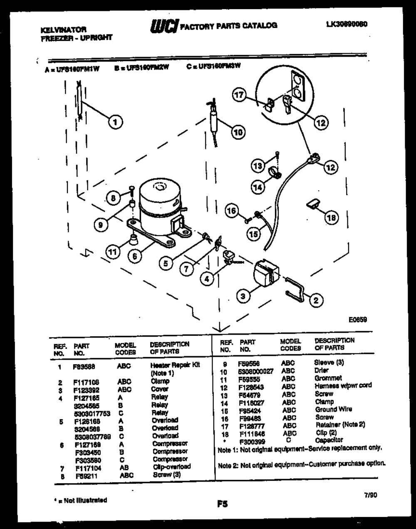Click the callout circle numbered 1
(x=115, y=122)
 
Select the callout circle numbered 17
(x=240, y=95)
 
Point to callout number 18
(x=332, y=217)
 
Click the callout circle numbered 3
(x=243, y=296)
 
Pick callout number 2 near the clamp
(x=316, y=300)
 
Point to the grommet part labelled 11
(x=133, y=239)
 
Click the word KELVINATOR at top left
(x=64, y=30)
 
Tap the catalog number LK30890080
(x=347, y=24)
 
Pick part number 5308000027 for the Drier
(x=255, y=371)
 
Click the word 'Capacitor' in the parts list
(x=329, y=440)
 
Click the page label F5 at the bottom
(x=222, y=504)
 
